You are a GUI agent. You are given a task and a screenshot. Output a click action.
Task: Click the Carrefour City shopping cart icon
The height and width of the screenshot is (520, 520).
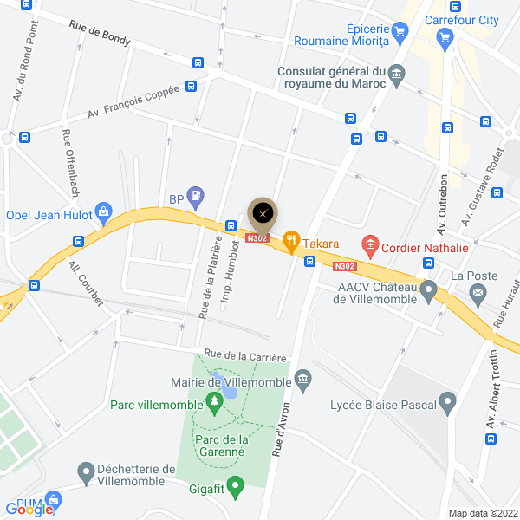click(445, 36)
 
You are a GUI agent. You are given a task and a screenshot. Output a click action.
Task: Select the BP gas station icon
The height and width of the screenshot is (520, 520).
click(197, 196)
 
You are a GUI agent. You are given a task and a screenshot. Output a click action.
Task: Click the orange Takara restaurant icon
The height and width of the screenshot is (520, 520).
click(292, 243)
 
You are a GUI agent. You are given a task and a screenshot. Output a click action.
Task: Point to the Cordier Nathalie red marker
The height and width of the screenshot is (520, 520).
click(370, 247)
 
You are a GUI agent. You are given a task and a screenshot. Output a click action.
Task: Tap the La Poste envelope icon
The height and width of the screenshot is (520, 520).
click(476, 295)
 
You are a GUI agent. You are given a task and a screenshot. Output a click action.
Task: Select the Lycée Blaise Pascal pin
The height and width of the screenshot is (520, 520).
click(447, 401)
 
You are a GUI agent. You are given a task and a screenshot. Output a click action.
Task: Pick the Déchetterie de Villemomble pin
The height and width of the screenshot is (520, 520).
click(85, 472)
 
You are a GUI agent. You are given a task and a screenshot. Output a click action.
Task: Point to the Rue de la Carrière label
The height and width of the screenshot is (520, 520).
click(244, 355)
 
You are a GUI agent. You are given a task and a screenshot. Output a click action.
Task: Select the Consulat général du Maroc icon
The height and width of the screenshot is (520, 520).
click(397, 75)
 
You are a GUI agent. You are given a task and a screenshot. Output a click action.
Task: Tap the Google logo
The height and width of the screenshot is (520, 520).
click(28, 510)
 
